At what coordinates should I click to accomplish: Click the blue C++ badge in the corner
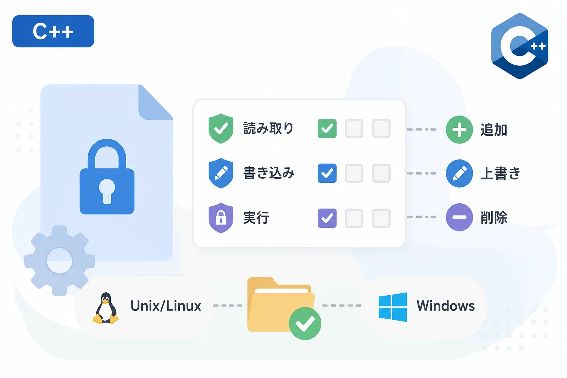pos(53,31)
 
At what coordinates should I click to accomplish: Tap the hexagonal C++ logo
pos(520,46)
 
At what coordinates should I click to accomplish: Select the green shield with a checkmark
pos(221,128)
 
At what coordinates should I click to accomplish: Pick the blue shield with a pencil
pos(221,173)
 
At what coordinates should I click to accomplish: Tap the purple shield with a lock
pos(221,218)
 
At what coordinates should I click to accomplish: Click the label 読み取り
pos(268,128)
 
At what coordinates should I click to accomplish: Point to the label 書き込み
pos(269,173)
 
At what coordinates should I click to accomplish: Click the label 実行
pos(256,218)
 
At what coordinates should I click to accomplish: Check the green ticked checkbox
pos(327,128)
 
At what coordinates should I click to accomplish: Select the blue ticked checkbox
pos(327,173)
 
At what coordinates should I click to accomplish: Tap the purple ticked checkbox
pos(327,218)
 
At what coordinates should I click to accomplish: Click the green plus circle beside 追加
pos(459,130)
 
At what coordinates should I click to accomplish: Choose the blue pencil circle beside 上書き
pos(459,173)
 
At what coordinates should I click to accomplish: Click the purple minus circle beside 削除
pos(459,217)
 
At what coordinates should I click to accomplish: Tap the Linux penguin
pos(106,308)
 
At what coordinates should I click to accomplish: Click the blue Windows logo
pos(393,307)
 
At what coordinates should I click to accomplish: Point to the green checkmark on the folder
pos(305,323)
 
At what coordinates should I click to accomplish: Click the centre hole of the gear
pos(59,261)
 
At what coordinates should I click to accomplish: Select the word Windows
pos(446,306)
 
